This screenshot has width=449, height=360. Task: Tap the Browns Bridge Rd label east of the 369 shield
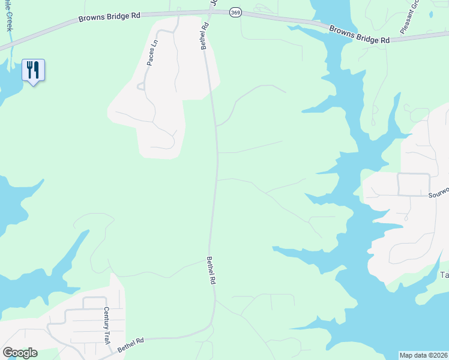(359, 34)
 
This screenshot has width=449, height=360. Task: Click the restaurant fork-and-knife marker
(33, 70)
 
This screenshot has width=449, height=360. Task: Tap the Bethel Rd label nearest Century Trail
(131, 344)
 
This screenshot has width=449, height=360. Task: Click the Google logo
(20, 353)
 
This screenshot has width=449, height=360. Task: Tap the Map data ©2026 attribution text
(423, 355)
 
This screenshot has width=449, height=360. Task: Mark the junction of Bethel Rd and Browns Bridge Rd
(204, 12)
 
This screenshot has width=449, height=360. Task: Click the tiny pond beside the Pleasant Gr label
(431, 13)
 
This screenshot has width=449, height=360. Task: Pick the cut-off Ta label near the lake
(445, 275)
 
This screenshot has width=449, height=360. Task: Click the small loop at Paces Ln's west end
(140, 86)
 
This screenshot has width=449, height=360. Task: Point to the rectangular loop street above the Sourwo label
(414, 184)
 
